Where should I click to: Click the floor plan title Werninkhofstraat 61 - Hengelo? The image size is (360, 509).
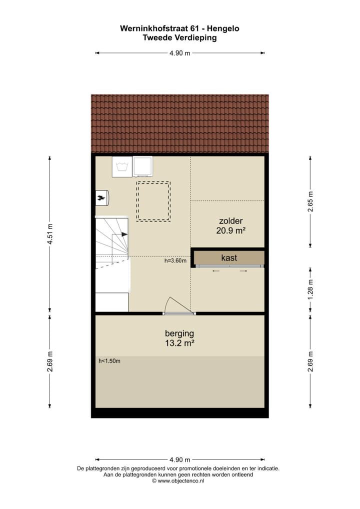pyautogui.click(x=179, y=28)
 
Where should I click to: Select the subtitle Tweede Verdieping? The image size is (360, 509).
pyautogui.click(x=179, y=37)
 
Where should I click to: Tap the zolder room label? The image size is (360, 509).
pyautogui.click(x=230, y=221)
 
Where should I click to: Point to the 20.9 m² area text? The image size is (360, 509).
pyautogui.click(x=230, y=230)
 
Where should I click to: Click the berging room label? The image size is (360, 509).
pyautogui.click(x=179, y=333)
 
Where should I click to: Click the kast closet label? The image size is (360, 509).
pyautogui.click(x=229, y=258)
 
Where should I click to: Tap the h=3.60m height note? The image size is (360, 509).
pyautogui.click(x=175, y=260)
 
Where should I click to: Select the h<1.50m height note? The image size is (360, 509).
pyautogui.click(x=109, y=360)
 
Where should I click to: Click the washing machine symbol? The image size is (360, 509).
pyautogui.click(x=121, y=167)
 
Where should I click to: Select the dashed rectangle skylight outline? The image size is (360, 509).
pyautogui.click(x=153, y=201)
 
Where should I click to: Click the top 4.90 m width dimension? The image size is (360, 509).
pyautogui.click(x=179, y=53)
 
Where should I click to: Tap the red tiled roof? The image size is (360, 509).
pyautogui.click(x=179, y=123)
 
